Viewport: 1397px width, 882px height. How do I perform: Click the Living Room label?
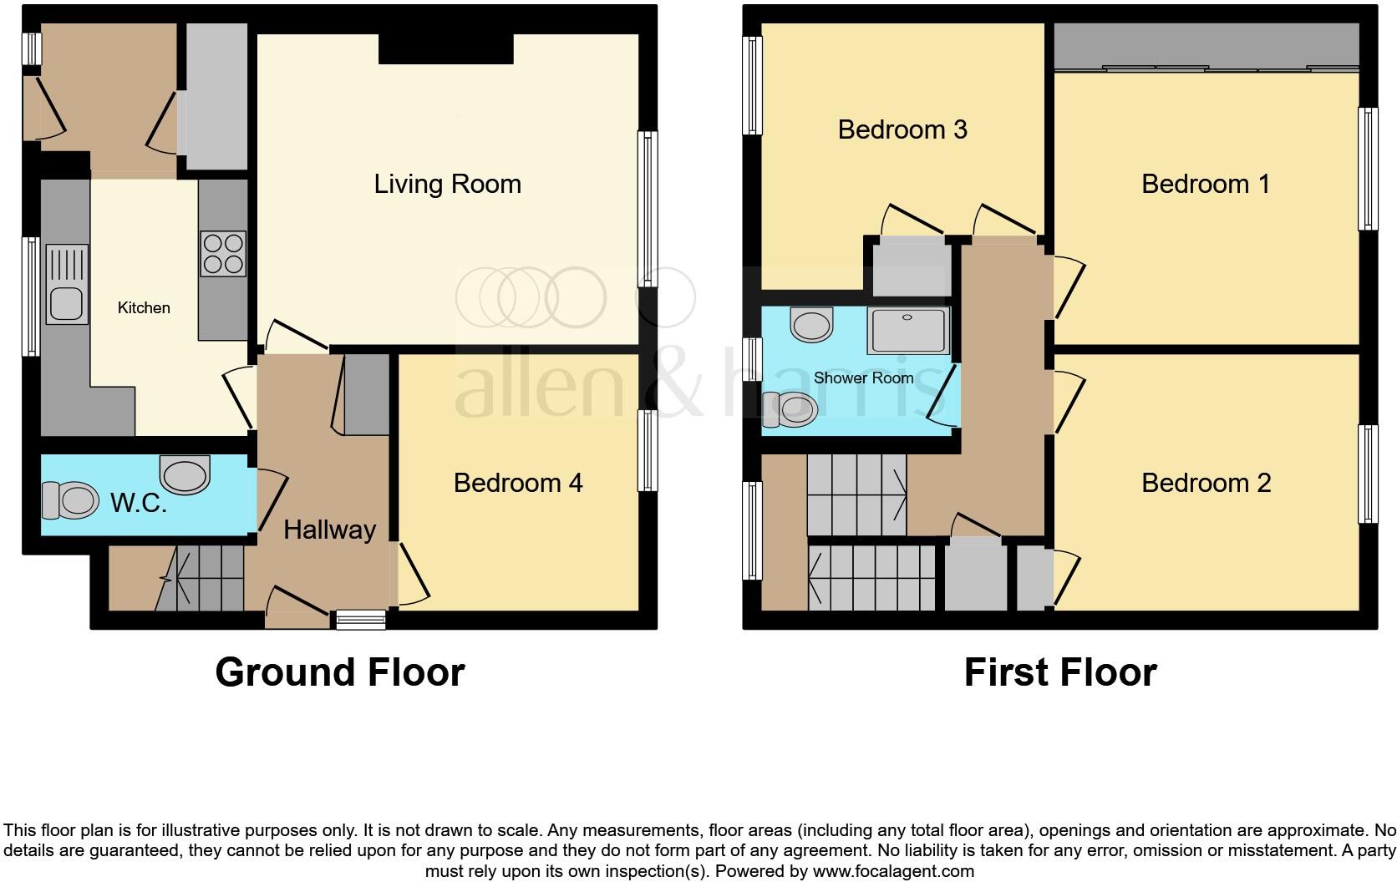pos(447,185)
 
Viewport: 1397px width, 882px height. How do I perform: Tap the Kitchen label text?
pos(144,307)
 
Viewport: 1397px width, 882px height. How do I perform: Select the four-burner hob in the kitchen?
pos(222,254)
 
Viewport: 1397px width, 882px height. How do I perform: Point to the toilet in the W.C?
pos(70,500)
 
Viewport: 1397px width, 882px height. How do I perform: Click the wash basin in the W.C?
pos(185,474)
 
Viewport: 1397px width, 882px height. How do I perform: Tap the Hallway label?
pos(329,530)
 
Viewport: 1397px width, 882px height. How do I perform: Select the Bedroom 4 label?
pos(518,483)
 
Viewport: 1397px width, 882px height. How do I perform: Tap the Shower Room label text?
pos(863,378)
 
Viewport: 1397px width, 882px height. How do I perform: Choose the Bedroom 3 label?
pos(902,129)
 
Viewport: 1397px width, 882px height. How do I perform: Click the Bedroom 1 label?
pos(1205,184)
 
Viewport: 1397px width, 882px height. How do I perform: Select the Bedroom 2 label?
pos(1206,483)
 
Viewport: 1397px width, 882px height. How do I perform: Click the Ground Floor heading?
pos(340,672)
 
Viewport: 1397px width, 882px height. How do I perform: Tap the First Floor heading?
pos(1060,672)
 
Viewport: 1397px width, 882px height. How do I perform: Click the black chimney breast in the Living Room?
pos(446,48)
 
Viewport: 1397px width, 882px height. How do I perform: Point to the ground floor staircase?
pos(200,579)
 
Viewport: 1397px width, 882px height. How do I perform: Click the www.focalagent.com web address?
pos(893,871)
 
